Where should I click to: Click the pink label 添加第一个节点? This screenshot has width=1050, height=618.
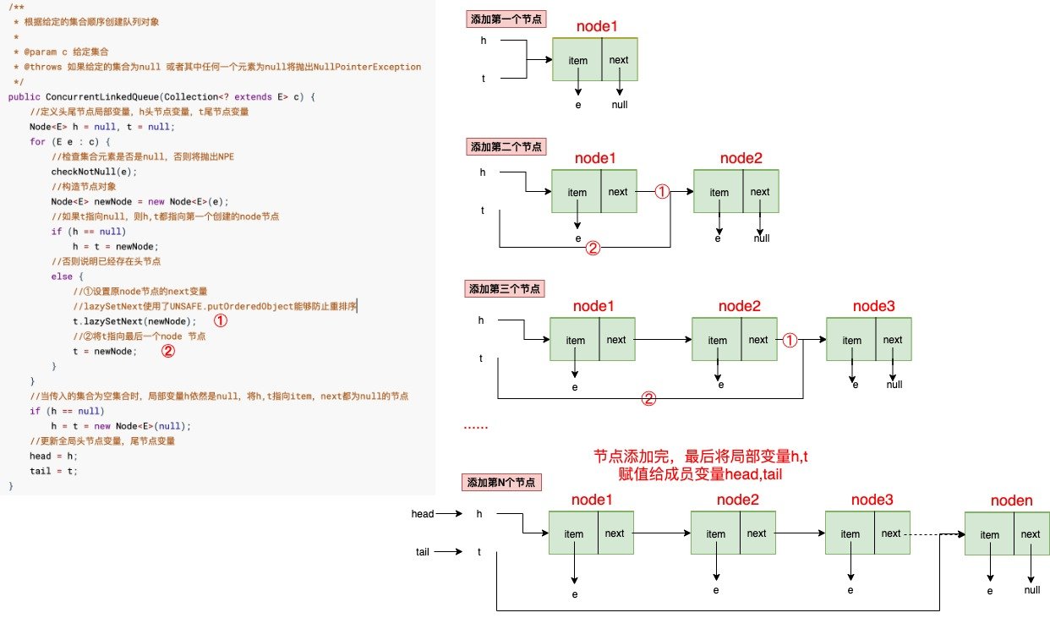[x=505, y=18]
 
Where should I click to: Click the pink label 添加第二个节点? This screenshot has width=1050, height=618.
[x=505, y=146]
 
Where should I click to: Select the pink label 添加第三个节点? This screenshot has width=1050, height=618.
[x=505, y=288]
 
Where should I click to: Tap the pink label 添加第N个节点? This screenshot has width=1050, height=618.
[x=502, y=483]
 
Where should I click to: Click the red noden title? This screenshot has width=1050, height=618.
[x=1011, y=501]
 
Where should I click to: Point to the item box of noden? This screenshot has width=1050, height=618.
[x=989, y=534]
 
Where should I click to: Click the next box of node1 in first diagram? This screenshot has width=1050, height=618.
[x=620, y=60]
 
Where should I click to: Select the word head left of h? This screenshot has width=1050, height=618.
[x=423, y=514]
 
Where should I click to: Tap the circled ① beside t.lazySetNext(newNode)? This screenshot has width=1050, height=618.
[x=220, y=321]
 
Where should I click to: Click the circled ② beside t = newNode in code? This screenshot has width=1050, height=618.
[x=168, y=352]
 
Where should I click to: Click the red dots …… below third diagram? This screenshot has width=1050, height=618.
[x=476, y=428]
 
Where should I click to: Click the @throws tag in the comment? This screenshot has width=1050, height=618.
[x=37, y=67]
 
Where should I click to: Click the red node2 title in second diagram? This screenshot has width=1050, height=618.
[x=741, y=158]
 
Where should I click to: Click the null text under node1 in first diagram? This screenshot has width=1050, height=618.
[x=620, y=105]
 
